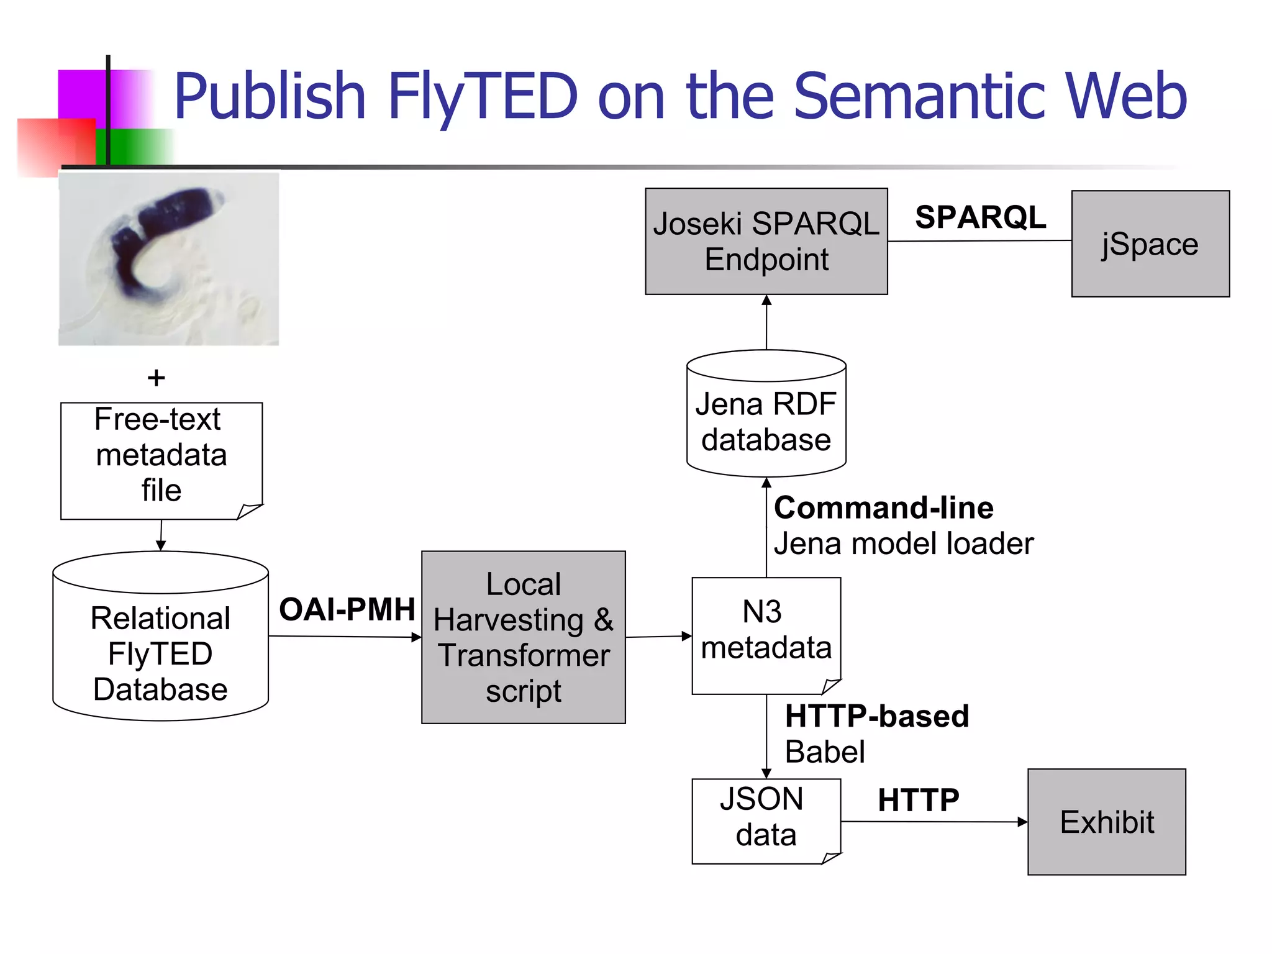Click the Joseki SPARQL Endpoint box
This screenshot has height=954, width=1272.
pyautogui.click(x=766, y=241)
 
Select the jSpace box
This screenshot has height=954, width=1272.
pyautogui.click(x=1150, y=243)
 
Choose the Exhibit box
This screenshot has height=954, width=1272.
pyautogui.click(x=1106, y=822)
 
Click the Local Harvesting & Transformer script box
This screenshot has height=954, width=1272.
pyautogui.click(x=523, y=637)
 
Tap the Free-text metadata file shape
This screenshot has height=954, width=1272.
pyautogui.click(x=160, y=457)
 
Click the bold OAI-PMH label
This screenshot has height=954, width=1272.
pyautogui.click(x=347, y=609)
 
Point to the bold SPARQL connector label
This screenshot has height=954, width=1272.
pyautogui.click(x=980, y=217)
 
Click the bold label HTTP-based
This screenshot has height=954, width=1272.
pyautogui.click(x=876, y=716)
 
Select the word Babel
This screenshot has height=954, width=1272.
pyautogui.click(x=824, y=752)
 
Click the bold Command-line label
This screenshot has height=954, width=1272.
pyautogui.click(x=883, y=508)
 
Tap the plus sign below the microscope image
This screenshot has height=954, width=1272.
pyautogui.click(x=157, y=378)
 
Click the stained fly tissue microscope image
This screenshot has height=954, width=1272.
pyautogui.click(x=168, y=258)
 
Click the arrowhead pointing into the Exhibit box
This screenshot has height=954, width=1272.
pyautogui.click(x=1022, y=822)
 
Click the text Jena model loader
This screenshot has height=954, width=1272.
pyautogui.click(x=903, y=544)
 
